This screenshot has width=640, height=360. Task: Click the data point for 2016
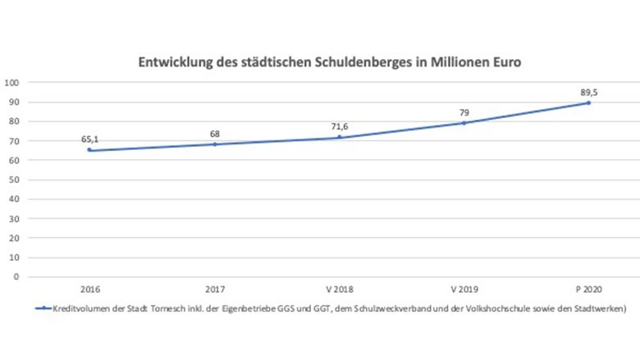click(90, 150)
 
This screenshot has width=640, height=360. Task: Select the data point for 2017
click(215, 144)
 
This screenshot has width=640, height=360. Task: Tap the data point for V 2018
click(339, 137)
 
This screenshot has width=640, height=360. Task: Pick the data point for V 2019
click(464, 123)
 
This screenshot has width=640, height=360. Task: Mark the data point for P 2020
click(588, 103)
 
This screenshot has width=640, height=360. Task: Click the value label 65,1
click(90, 139)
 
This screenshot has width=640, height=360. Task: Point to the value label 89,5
click(588, 92)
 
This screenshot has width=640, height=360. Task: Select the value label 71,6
click(339, 126)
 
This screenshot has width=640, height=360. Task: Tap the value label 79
click(464, 112)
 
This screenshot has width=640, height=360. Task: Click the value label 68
click(215, 134)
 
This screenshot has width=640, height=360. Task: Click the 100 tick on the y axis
click(12, 83)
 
